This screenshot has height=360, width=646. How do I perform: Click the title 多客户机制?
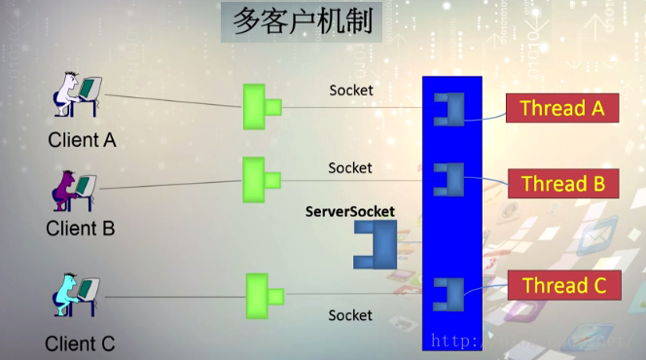[x=302, y=22]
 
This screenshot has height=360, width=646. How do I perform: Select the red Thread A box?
[x=561, y=108]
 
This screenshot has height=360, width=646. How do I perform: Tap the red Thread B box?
[x=562, y=183]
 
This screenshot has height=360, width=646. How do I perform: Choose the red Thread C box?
[x=563, y=286]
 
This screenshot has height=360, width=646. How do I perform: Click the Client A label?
[x=82, y=140]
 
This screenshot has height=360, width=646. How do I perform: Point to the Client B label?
[x=81, y=230]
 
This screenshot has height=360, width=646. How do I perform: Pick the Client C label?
[x=80, y=343]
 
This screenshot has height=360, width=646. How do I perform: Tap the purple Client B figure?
[x=74, y=189]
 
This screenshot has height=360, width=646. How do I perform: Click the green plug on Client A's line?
[x=260, y=106]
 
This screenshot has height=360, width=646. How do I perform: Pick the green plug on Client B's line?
[x=259, y=180]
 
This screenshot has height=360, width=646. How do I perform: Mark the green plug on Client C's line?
[x=261, y=296]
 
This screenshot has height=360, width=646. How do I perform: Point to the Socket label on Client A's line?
[x=350, y=90]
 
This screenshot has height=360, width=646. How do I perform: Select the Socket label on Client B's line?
[x=350, y=167]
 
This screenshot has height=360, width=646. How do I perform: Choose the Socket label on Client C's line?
[x=350, y=315]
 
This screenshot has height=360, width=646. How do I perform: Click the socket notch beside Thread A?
[x=449, y=109]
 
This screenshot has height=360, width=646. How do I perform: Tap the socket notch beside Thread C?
[x=449, y=293]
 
